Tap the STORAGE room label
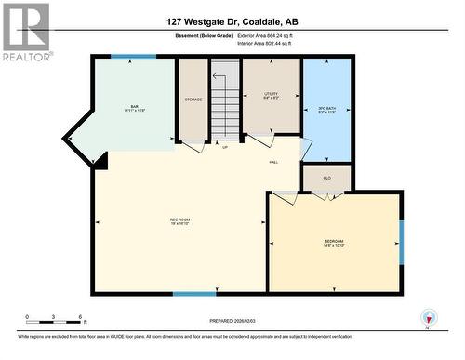(193, 98)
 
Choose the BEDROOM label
(334, 242)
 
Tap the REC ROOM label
(179, 221)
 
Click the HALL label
(274, 160)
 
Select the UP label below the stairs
(224, 147)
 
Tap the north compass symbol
(427, 316)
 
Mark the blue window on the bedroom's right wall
(402, 241)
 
